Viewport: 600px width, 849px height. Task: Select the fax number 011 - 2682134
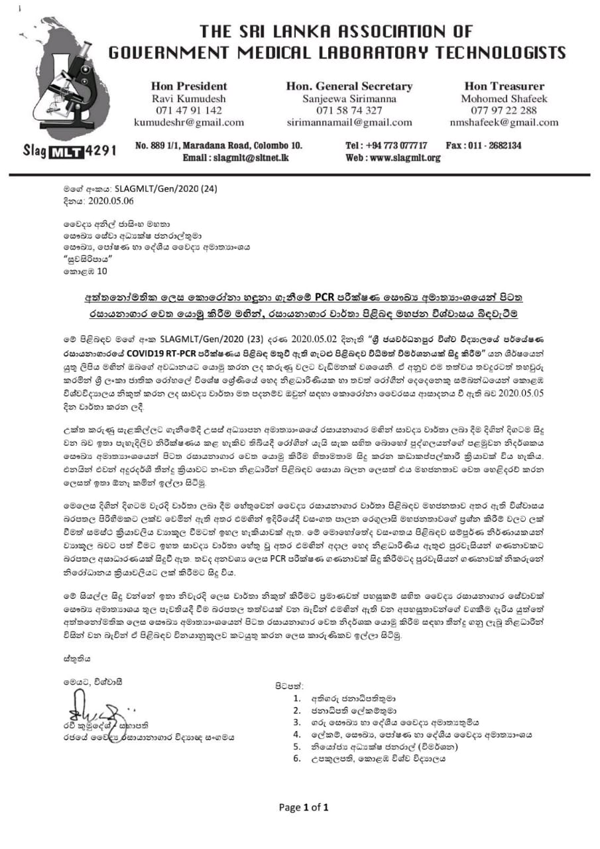click(x=498, y=145)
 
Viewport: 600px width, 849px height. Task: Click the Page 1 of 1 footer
click(x=304, y=807)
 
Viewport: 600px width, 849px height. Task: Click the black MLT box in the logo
click(x=68, y=151)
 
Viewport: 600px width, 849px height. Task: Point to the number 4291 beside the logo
click(x=101, y=151)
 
